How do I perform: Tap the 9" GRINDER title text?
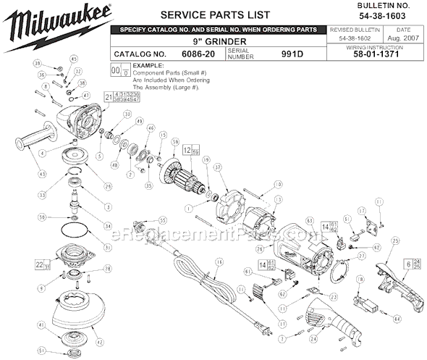tap(222, 42)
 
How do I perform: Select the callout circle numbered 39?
tap(38, 65)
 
